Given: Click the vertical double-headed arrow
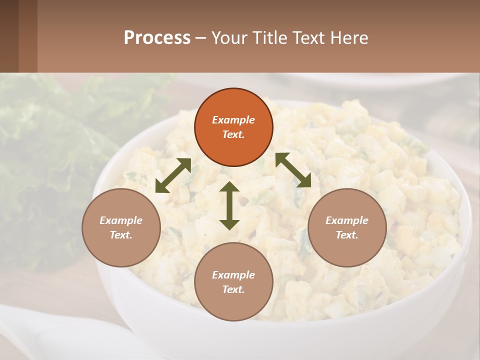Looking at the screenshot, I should (229, 205).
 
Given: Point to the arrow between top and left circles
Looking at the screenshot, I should (173, 175).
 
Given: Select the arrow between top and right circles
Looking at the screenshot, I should (293, 170).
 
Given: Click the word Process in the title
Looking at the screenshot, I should (157, 38).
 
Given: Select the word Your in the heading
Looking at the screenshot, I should (227, 38).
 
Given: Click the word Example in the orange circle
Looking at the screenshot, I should (233, 120).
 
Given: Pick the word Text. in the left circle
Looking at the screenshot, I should (121, 235).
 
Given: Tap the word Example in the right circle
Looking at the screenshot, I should (347, 220).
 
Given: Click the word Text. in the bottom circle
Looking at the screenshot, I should (233, 289).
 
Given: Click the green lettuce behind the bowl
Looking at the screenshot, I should (45, 150).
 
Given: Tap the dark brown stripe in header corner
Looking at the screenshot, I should (9, 36).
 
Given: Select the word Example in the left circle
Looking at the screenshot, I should (121, 220).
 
